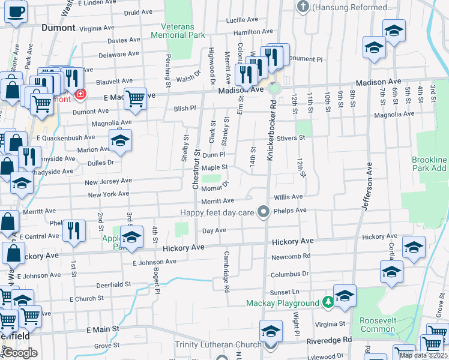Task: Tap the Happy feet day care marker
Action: tap(263, 211)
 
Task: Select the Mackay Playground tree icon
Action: tap(328, 302)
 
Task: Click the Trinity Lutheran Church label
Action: tap(218, 344)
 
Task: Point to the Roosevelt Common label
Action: tap(378, 325)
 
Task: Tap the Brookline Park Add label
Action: tap(429, 164)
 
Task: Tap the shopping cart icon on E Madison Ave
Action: tap(135, 98)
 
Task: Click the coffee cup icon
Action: tap(16, 11)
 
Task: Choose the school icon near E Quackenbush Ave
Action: tap(120, 142)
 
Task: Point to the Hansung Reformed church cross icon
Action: tap(303, 7)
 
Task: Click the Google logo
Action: tap(20, 353)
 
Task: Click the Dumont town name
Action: tap(59, 28)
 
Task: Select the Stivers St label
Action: tap(293, 137)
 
